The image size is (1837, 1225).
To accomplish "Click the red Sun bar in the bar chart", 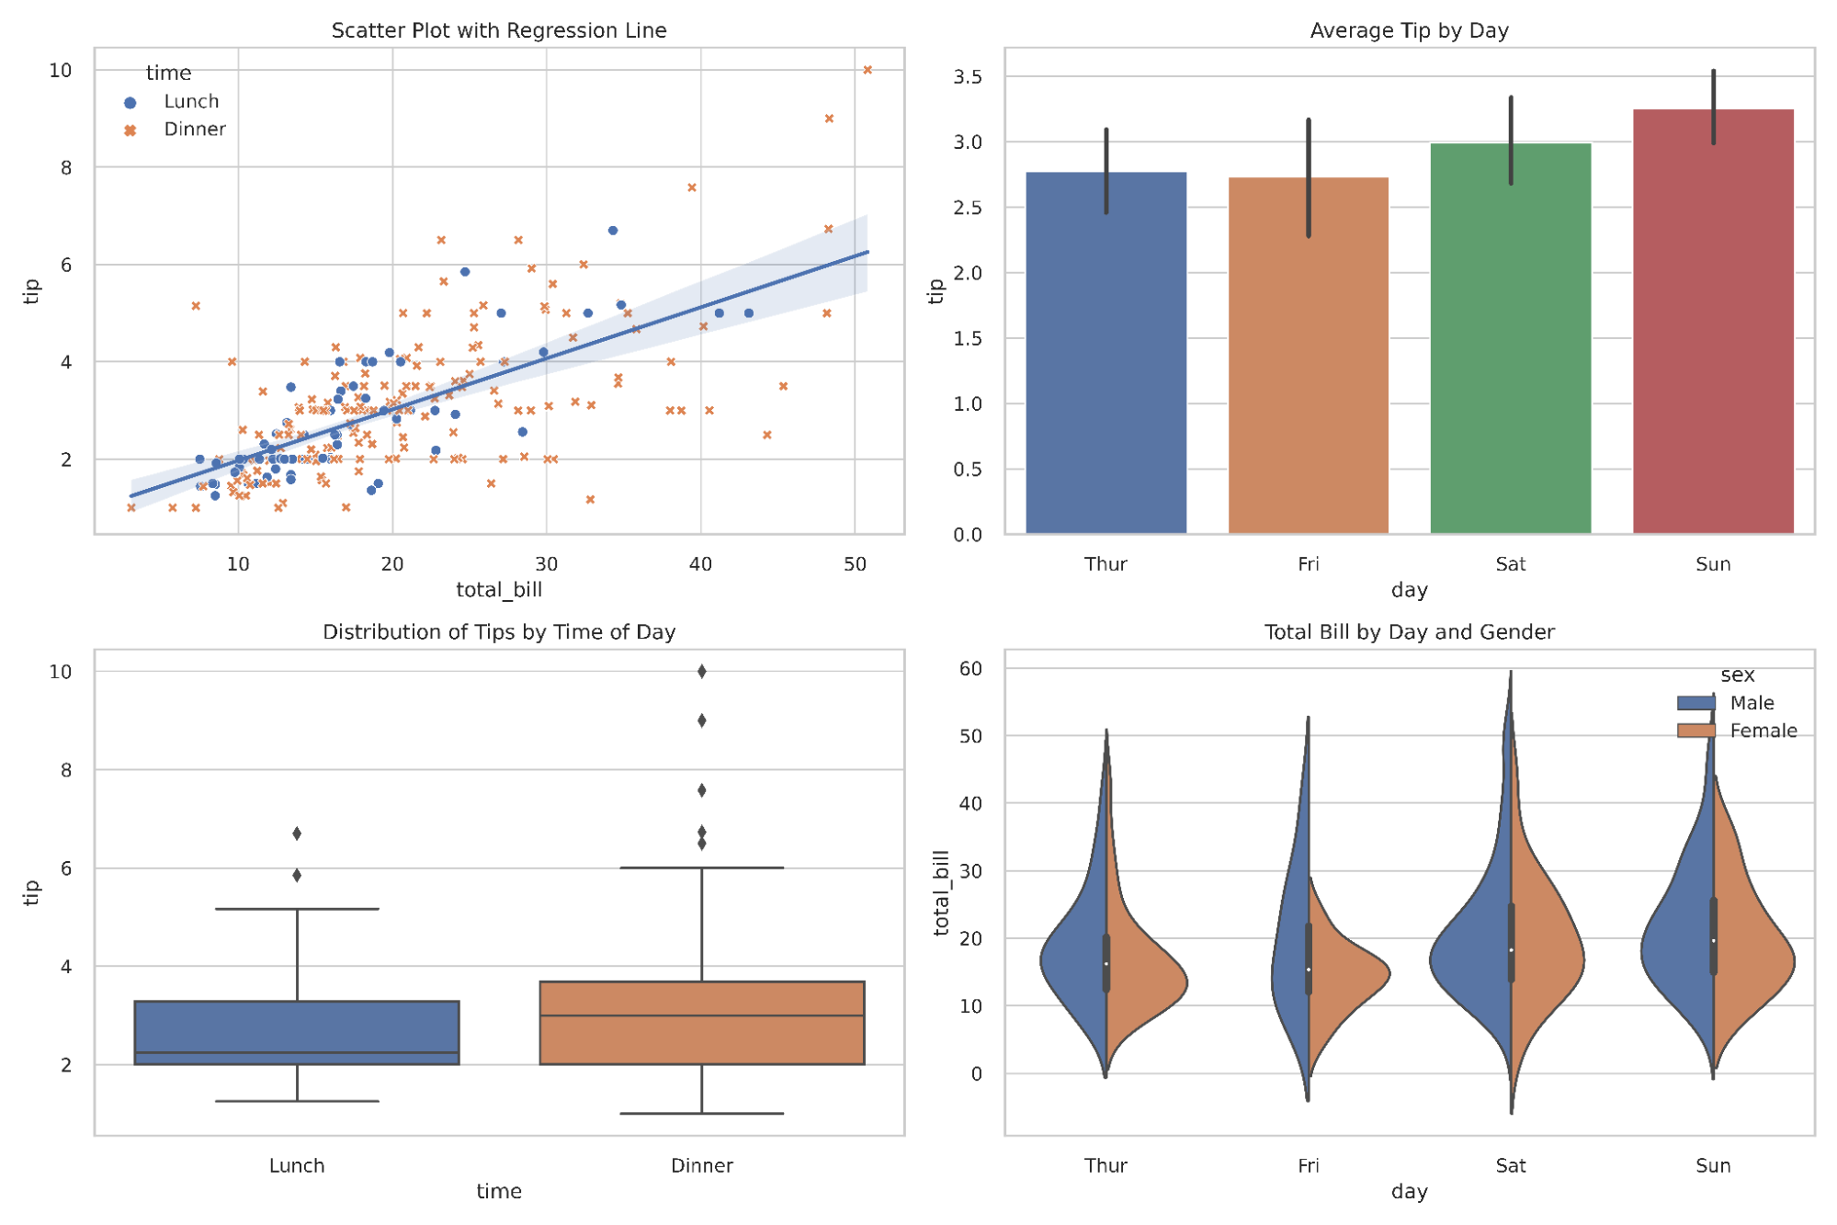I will (x=1712, y=322).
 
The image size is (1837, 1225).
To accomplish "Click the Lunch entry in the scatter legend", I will (x=190, y=102).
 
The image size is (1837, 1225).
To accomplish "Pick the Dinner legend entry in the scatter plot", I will (x=194, y=130).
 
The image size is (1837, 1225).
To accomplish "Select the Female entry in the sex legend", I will (x=1762, y=731).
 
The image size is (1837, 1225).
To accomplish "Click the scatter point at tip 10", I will (x=867, y=70).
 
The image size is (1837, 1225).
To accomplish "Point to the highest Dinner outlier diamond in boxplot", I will (x=701, y=672).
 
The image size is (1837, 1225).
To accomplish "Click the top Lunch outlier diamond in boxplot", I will (x=297, y=834).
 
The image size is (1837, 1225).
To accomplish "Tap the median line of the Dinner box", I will (x=701, y=1015).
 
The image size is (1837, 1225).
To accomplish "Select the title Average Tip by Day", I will (x=1409, y=30).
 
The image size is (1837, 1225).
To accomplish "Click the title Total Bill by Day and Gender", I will (x=1409, y=632).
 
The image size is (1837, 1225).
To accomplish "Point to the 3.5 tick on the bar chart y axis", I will (x=967, y=77).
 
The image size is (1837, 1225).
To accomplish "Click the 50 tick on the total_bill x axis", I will (x=855, y=564).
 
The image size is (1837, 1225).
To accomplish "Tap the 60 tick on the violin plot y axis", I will (x=970, y=669).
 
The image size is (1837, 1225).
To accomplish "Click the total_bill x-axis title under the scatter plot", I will (x=499, y=590).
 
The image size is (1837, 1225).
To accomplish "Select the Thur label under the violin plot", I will (x=1105, y=1165).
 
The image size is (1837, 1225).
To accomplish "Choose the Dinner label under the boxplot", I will (x=701, y=1165).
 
